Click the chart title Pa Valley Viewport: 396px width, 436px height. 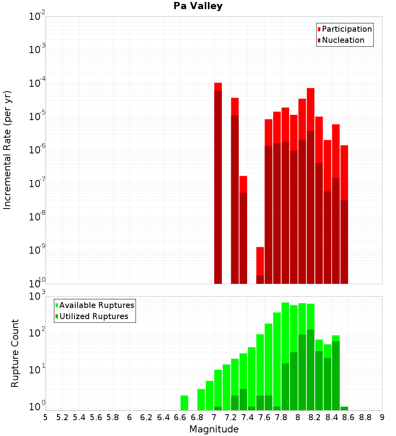198,6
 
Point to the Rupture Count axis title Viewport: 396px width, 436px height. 15,353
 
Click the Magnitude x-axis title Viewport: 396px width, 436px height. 214,429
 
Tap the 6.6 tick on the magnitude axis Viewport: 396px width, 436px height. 180,417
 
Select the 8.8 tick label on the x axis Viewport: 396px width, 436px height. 365,417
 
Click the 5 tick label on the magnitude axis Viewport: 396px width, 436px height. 46,417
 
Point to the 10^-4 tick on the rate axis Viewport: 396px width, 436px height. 37,83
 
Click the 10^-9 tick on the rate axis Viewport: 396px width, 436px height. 37,251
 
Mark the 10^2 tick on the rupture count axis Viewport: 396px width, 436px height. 37,333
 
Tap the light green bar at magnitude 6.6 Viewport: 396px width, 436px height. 184,402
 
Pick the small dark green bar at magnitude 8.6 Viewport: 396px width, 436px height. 344,408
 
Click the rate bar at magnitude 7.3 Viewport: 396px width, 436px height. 243,230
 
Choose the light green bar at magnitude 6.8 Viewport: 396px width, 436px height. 201,399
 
